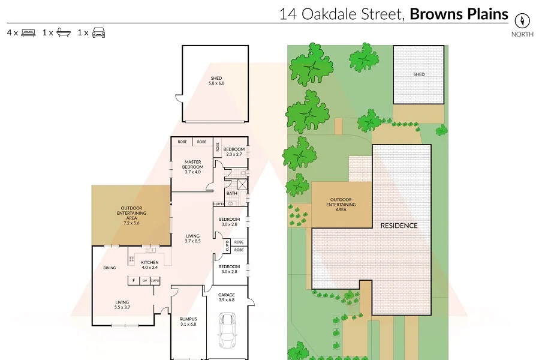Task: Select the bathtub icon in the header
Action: click(64, 32)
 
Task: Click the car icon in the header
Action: click(98, 32)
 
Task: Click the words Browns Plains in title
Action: click(459, 14)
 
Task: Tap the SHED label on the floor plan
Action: click(216, 78)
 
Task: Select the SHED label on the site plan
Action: click(419, 74)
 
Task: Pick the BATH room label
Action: click(231, 193)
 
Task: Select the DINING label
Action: click(109, 268)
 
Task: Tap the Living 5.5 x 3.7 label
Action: click(122, 304)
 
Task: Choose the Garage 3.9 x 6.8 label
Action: click(226, 297)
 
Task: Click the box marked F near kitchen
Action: click(134, 280)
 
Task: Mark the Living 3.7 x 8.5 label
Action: click(192, 238)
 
